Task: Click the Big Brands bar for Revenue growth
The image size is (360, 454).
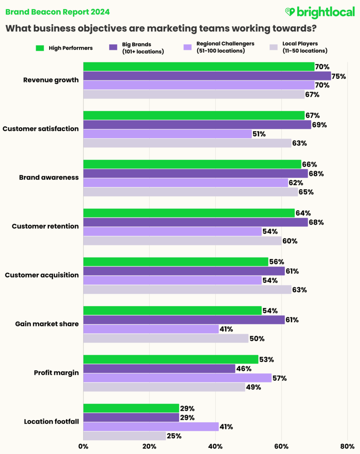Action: pyautogui.click(x=207, y=76)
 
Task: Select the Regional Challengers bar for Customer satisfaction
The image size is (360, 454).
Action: pyautogui.click(x=167, y=134)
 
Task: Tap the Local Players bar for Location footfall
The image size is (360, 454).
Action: pyautogui.click(x=125, y=436)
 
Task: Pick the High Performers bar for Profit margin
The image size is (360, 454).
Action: pyautogui.click(x=171, y=359)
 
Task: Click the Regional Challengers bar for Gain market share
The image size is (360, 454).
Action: pyautogui.click(x=151, y=329)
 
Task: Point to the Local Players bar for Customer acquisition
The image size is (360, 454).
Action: pyautogui.click(x=187, y=290)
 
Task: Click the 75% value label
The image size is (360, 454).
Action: pyautogui.click(x=338, y=76)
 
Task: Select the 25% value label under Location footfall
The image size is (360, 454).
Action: pyautogui.click(x=174, y=436)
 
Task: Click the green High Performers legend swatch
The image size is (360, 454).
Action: pyautogui.click(x=40, y=48)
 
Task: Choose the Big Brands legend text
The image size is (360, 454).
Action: pyautogui.click(x=143, y=48)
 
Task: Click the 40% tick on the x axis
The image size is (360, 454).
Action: pyautogui.click(x=215, y=446)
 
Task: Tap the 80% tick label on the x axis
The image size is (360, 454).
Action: pyautogui.click(x=347, y=446)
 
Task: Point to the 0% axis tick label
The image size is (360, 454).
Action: pyautogui.click(x=83, y=446)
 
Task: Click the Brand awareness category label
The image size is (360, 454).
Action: pyautogui.click(x=49, y=177)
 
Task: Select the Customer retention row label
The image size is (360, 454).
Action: pyautogui.click(x=45, y=226)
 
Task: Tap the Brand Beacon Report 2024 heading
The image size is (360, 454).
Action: pyautogui.click(x=58, y=12)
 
